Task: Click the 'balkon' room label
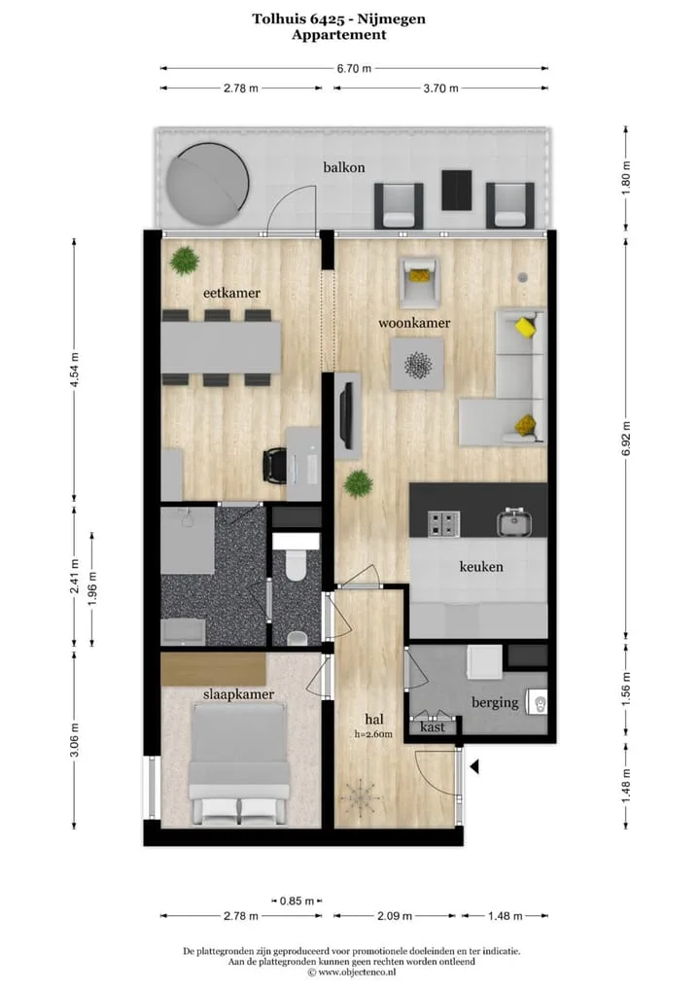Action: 344,167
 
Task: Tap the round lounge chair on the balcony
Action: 206,183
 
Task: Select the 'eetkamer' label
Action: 231,293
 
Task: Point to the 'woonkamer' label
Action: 414,323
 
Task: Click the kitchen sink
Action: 513,521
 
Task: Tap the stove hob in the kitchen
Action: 443,524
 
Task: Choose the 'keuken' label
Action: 481,566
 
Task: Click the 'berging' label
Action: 495,702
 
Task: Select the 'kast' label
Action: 433,726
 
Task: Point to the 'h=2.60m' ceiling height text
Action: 373,734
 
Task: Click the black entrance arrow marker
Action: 474,766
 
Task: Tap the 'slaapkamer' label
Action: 238,694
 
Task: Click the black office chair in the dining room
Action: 275,465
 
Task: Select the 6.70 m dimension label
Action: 354,68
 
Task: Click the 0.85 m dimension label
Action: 297,901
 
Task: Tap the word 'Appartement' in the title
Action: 339,35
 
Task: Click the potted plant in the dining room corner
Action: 185,260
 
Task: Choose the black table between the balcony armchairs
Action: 456,190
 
